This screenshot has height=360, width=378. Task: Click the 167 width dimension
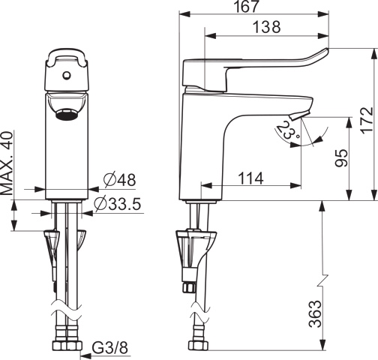[x=246, y=6]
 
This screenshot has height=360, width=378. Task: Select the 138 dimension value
[x=266, y=27]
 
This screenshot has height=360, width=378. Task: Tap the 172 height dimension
[x=367, y=120]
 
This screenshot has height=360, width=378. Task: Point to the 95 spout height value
[x=341, y=158]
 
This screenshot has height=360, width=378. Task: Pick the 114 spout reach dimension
[x=250, y=178]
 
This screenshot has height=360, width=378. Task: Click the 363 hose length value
[x=315, y=313]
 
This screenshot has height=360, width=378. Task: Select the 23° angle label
[x=288, y=130]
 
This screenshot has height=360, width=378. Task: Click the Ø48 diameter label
[x=120, y=180]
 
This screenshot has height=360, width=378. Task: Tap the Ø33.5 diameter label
[x=118, y=204]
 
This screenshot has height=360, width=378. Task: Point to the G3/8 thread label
[x=110, y=348]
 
